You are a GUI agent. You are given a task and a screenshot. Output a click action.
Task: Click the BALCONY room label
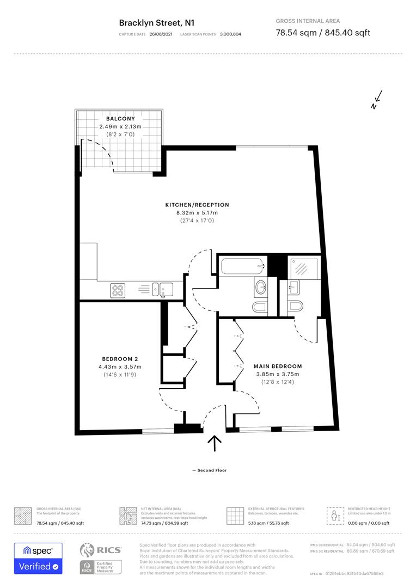120,119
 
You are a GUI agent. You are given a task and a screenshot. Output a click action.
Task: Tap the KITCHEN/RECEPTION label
197,205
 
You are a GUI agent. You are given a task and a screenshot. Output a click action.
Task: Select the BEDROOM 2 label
120,359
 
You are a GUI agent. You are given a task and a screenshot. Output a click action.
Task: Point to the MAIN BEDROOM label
278,366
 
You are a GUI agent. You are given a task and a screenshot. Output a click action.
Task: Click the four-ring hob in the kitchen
118,290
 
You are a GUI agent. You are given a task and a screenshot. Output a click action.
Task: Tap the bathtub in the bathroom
243,266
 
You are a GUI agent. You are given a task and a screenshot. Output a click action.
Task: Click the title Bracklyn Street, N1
157,23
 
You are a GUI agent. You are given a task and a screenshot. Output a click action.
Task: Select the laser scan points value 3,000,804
230,34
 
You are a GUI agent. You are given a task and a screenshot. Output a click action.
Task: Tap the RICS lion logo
90,551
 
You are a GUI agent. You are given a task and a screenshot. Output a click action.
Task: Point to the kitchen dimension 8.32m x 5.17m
197,213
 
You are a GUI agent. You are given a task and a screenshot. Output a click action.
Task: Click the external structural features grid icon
235,515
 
